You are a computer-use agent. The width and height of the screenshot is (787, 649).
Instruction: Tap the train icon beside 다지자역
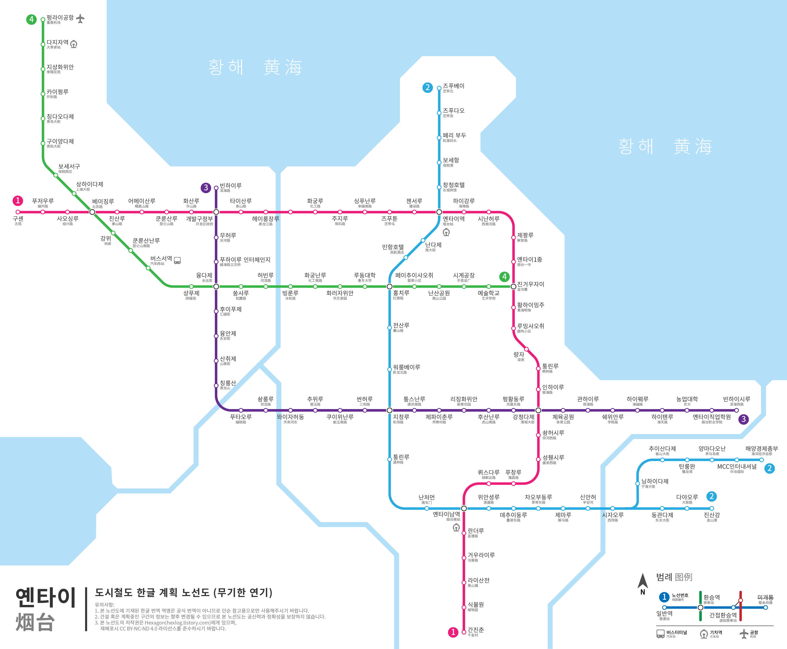coord(74,44)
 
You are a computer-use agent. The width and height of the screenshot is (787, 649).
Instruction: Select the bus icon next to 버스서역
coord(177,260)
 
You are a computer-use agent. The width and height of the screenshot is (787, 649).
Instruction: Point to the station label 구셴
coord(18,219)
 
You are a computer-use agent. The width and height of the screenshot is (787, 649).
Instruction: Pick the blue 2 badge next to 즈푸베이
coord(427,87)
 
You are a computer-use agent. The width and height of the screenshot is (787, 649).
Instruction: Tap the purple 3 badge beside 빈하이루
coord(206,188)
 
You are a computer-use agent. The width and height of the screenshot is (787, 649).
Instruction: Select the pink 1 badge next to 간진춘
coord(453,632)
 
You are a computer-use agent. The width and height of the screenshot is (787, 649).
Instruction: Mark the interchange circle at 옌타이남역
coord(464,508)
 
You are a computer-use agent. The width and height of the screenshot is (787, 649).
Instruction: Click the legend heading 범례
coord(664,577)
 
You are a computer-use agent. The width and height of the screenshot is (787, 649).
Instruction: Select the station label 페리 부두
coord(454,135)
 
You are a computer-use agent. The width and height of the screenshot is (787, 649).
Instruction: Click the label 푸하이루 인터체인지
coord(245,260)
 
